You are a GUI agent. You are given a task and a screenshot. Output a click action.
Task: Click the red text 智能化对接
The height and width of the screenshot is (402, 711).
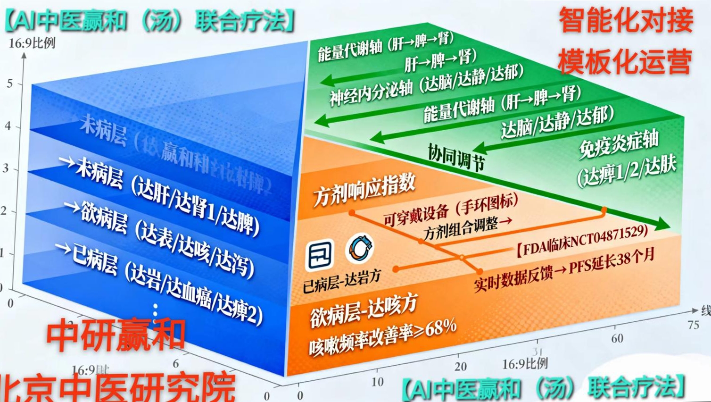625,21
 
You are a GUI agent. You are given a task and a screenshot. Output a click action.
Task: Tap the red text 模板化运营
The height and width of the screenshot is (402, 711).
625,62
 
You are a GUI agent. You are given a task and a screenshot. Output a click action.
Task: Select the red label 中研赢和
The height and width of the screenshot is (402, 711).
115,335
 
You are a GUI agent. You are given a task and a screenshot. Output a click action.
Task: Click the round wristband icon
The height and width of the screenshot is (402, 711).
361,248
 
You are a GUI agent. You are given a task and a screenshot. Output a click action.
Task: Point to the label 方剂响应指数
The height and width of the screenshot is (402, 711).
364,189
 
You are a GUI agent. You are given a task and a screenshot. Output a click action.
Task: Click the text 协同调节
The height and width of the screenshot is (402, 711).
456,157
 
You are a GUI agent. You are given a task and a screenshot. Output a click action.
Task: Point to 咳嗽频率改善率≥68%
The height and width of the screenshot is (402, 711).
382,336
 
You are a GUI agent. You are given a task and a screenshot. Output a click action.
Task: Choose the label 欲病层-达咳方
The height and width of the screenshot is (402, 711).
364,311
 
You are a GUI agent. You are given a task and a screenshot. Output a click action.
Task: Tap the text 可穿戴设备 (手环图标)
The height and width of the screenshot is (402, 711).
450,210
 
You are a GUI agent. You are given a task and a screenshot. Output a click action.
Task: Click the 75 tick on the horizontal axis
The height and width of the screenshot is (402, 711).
693,325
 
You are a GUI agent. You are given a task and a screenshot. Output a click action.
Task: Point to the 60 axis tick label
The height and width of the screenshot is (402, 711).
617,338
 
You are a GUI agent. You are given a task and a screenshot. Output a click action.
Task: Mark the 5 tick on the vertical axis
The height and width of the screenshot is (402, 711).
10,84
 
